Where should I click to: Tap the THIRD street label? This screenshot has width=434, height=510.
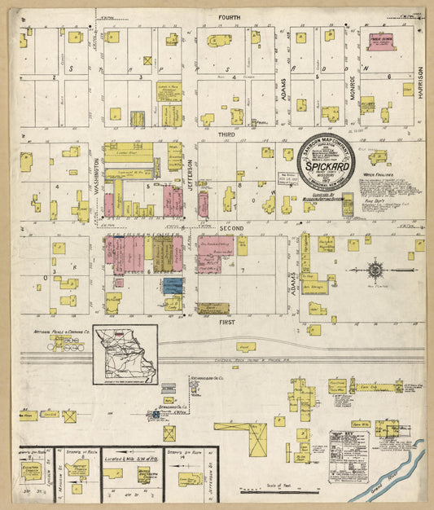click(226, 133)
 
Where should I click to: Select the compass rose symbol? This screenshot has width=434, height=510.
click(375, 269)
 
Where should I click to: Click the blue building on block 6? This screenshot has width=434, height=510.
click(173, 285)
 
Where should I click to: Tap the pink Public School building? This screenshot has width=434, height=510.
click(380, 41)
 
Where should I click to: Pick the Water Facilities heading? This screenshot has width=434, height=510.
click(379, 174)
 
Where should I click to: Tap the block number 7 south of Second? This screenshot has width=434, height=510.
click(242, 269)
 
